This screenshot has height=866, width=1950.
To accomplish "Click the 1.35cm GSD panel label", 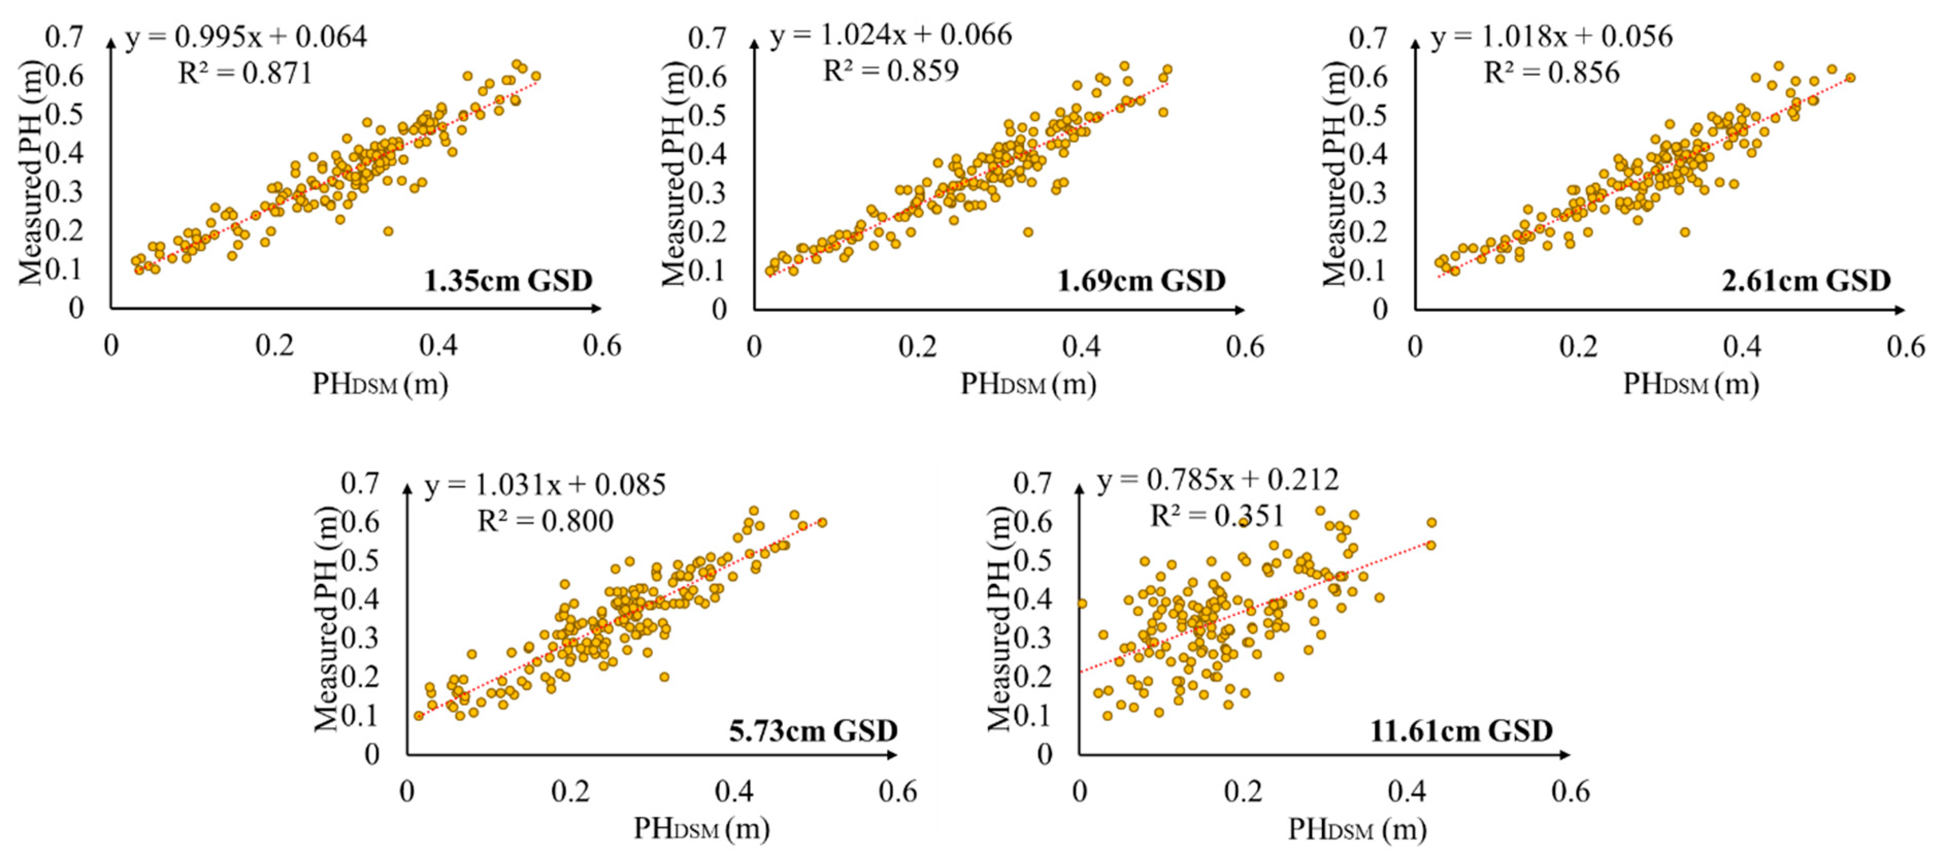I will [507, 281].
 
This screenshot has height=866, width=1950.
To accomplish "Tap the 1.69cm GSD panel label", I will [1141, 281].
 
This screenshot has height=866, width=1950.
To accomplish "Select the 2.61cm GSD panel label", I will [1806, 281].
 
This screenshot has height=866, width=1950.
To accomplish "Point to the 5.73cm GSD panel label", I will [813, 730].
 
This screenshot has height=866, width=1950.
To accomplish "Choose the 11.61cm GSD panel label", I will [1461, 730].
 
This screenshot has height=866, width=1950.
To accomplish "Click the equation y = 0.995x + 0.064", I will [246, 36].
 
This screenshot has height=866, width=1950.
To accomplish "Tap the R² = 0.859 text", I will [890, 71].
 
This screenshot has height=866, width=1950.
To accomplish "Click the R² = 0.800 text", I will [545, 521].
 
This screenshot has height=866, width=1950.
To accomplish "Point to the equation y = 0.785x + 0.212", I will [1217, 480].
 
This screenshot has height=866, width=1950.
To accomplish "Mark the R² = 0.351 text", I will [1217, 517].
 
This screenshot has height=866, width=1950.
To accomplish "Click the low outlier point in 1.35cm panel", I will [388, 231].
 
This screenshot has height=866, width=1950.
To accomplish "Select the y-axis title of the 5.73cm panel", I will [325, 619].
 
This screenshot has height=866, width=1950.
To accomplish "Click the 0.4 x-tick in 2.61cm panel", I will [1742, 347].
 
